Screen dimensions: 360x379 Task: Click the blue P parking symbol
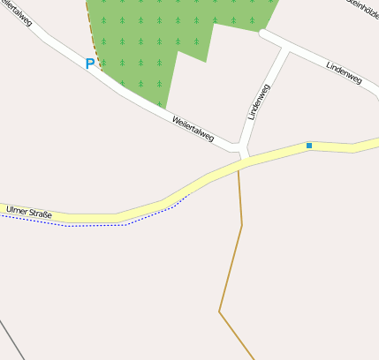89,64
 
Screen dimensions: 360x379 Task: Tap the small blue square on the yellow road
309,145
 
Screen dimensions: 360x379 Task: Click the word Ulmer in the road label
17,210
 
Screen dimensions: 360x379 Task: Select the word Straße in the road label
41,214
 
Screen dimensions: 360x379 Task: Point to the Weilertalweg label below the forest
193,130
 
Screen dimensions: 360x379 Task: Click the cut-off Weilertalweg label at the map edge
18,13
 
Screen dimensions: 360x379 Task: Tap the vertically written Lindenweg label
259,101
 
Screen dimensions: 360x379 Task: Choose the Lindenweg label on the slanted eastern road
344,72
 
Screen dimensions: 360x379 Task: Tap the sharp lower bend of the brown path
220,311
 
